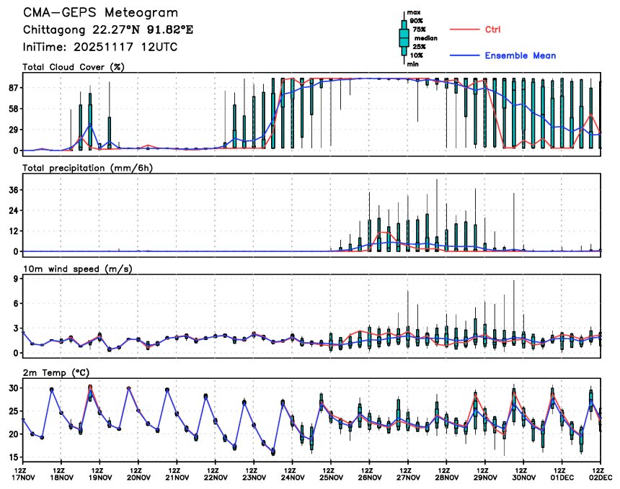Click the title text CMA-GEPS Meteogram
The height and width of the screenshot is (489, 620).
tap(100, 13)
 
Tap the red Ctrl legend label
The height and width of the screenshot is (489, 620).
tap(492, 30)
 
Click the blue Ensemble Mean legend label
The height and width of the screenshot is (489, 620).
tap(520, 55)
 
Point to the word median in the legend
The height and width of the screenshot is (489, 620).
tap(420, 37)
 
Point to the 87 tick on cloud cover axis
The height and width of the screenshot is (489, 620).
tap(14, 88)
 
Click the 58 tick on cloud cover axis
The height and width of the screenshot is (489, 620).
tap(14, 109)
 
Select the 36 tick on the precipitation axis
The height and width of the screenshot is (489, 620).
tap(14, 189)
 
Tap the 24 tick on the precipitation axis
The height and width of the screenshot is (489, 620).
tap(14, 210)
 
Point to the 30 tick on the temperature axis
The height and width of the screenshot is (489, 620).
tap(14, 387)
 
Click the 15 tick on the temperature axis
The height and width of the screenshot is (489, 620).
tap(14, 457)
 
